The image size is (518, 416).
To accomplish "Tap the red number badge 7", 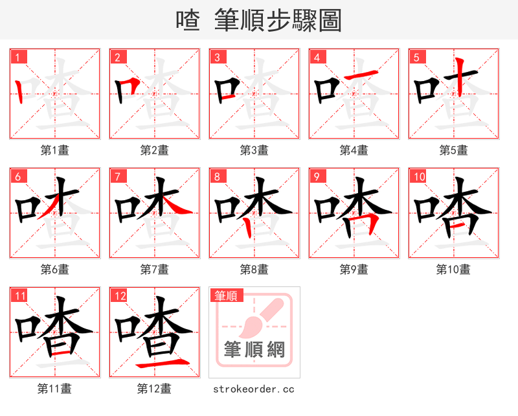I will pyautogui.click(x=117, y=176).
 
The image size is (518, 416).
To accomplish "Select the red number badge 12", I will pyautogui.click(x=118, y=296).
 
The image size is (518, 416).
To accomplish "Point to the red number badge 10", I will pyautogui.click(x=418, y=176).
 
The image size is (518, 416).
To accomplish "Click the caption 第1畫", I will pyautogui.click(x=54, y=150).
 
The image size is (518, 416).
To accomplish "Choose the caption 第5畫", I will pyautogui.click(x=453, y=150).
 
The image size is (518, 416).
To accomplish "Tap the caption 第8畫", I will pyautogui.click(x=254, y=270).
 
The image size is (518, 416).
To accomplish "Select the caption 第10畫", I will pyautogui.click(x=453, y=270).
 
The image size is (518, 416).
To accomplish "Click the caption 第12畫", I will pyautogui.click(x=154, y=389).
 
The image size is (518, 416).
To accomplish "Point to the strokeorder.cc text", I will pyautogui.click(x=254, y=389).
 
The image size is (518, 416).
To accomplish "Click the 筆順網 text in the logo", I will pyautogui.click(x=254, y=350).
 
